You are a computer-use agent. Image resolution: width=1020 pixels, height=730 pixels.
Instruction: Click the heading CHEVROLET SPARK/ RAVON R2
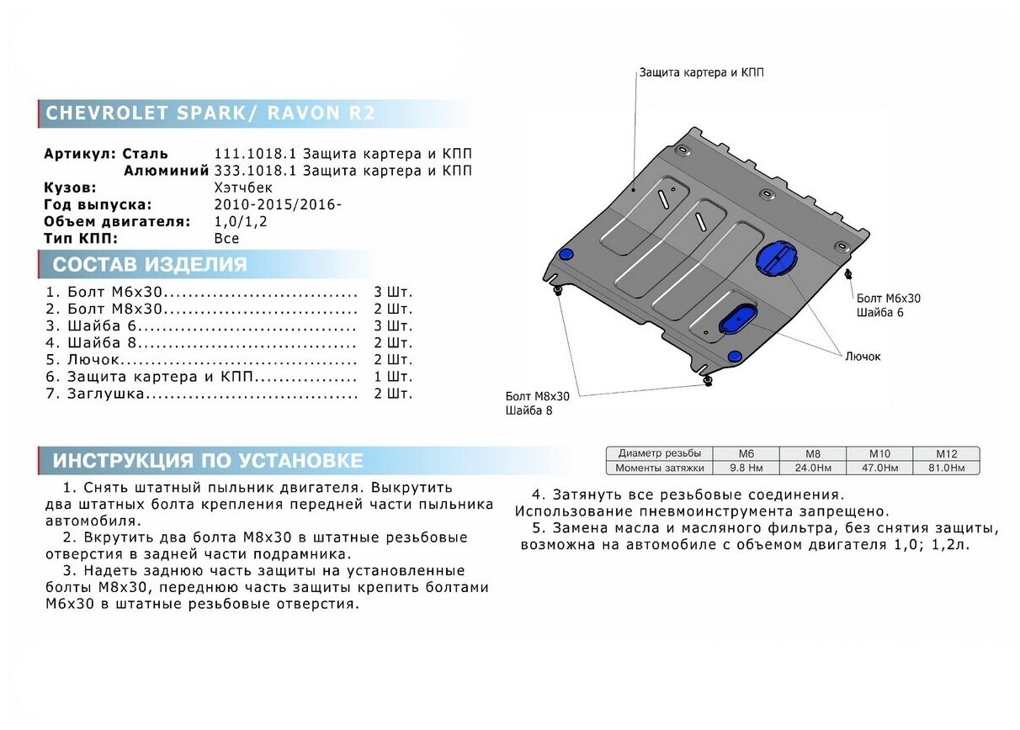pyautogui.click(x=210, y=114)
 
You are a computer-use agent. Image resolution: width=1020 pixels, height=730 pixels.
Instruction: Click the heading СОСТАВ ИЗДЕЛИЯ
pyautogui.click(x=150, y=266)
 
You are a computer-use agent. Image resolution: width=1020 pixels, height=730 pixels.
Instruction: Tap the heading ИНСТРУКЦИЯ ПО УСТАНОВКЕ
pyautogui.click(x=208, y=461)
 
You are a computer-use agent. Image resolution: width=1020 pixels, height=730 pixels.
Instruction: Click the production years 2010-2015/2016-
pyautogui.click(x=278, y=204)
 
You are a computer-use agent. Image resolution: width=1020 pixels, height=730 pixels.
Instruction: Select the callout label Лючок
pyautogui.click(x=863, y=357)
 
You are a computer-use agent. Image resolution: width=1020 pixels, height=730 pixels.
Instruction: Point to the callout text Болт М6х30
pyautogui.click(x=888, y=299)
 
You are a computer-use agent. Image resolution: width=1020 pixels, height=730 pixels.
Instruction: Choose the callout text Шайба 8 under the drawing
pyautogui.click(x=529, y=410)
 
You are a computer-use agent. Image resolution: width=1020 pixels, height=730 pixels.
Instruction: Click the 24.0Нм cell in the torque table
pyautogui.click(x=812, y=468)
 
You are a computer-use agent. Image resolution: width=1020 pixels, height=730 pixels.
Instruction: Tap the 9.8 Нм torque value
pyautogui.click(x=746, y=468)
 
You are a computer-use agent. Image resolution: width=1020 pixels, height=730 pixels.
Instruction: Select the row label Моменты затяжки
pyautogui.click(x=659, y=468)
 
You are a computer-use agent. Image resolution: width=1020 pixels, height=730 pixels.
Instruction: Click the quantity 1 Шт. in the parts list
pyautogui.click(x=393, y=377)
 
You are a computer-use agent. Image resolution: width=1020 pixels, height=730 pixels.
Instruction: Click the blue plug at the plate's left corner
pyautogui.click(x=566, y=255)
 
